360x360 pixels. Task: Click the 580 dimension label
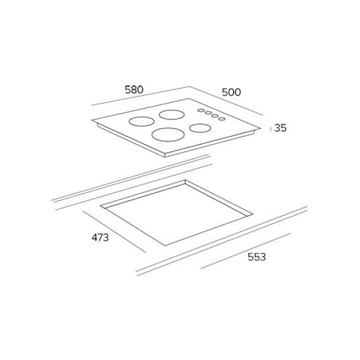(x=134, y=89)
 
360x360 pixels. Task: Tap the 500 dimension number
(x=231, y=92)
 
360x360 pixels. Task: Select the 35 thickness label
(x=280, y=128)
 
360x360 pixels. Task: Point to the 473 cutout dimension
(x=100, y=238)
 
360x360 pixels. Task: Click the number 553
(x=257, y=257)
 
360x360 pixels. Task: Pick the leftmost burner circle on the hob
(x=141, y=122)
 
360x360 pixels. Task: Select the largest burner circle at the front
(x=168, y=135)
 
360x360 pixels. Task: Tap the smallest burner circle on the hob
(x=200, y=128)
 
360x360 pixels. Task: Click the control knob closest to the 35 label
(x=222, y=119)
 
